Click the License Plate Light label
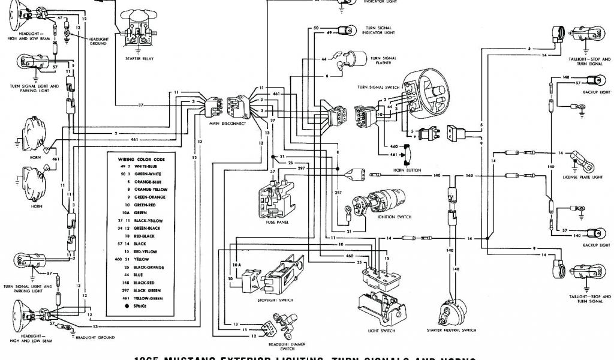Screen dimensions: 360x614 point(574,178)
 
